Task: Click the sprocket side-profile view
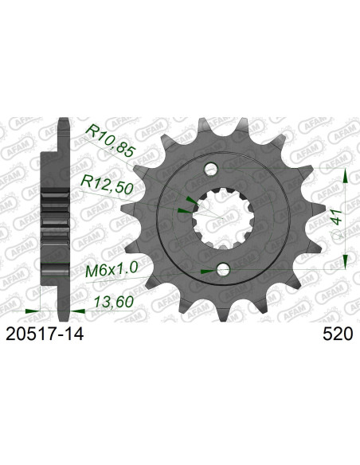coord(58,215)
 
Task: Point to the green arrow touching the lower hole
coord(208,271)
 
